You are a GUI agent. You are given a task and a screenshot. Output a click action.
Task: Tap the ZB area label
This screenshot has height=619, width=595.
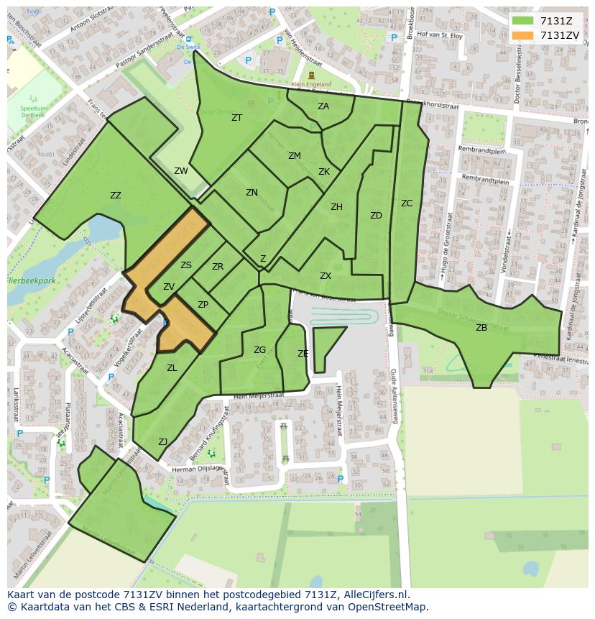[481, 328]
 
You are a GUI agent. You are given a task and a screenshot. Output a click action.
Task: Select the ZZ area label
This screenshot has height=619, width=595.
[116, 196]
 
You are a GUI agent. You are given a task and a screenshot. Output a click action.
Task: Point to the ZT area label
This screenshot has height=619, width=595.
[236, 118]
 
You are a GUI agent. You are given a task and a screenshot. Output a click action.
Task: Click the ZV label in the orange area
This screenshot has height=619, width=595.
[169, 287]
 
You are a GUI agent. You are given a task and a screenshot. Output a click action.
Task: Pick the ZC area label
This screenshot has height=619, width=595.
[407, 203]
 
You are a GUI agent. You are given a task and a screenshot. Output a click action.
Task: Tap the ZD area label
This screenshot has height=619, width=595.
[376, 216]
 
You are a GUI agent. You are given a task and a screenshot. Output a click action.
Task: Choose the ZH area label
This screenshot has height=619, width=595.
[336, 207]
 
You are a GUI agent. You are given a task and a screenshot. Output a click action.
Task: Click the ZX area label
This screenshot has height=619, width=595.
[326, 276]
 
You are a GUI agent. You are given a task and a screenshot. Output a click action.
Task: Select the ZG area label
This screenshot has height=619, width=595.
[259, 350]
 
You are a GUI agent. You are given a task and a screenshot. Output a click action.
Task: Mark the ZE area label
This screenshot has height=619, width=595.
[303, 354]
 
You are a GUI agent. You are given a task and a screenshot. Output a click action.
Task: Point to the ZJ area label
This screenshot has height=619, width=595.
[163, 442]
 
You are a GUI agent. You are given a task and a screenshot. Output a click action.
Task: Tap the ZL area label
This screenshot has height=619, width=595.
[172, 368]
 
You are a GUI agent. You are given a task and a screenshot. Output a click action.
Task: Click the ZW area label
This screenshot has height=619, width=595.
[181, 171]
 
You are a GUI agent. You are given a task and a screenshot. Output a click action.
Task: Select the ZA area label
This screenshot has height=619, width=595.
[323, 106]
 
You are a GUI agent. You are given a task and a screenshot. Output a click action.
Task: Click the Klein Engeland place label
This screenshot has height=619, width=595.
[311, 84]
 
